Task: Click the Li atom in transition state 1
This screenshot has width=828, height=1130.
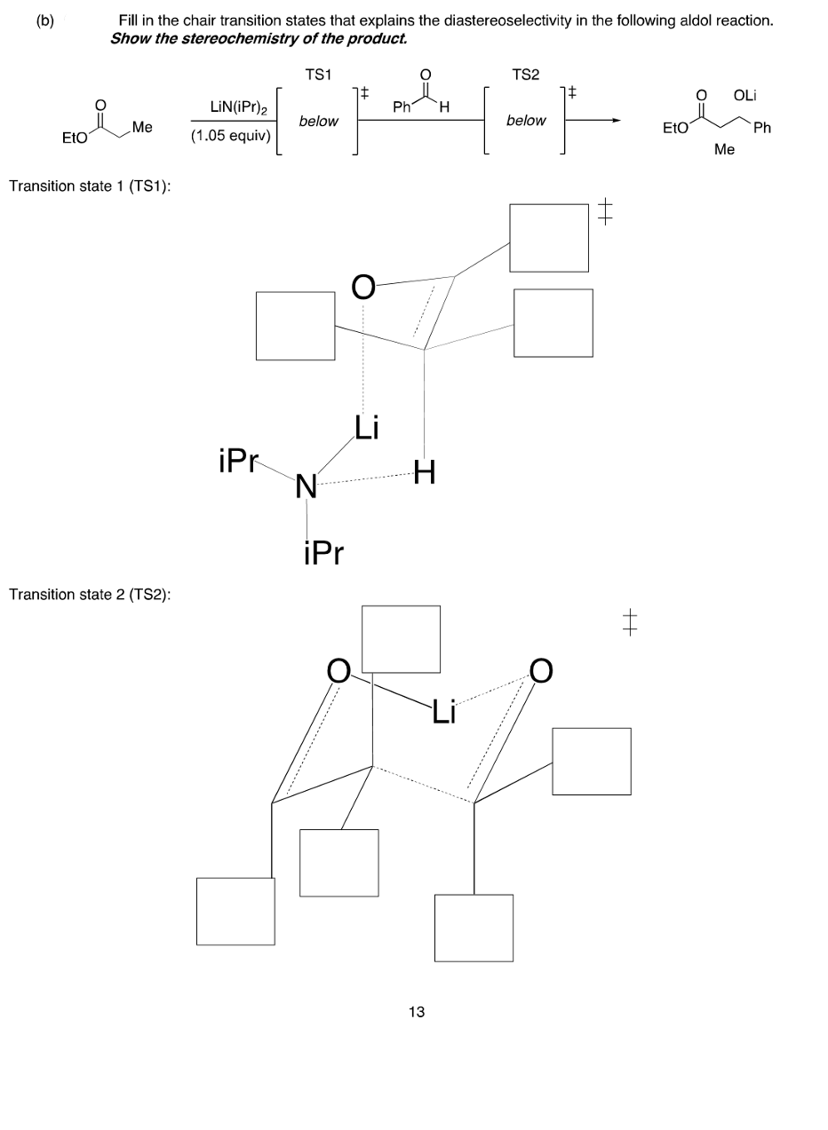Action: click(365, 428)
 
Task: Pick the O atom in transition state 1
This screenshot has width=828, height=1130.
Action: click(362, 286)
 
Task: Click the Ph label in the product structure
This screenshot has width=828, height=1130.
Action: click(761, 129)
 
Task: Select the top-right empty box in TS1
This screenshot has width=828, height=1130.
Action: click(548, 237)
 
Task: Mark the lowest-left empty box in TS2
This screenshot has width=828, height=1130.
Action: click(235, 911)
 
